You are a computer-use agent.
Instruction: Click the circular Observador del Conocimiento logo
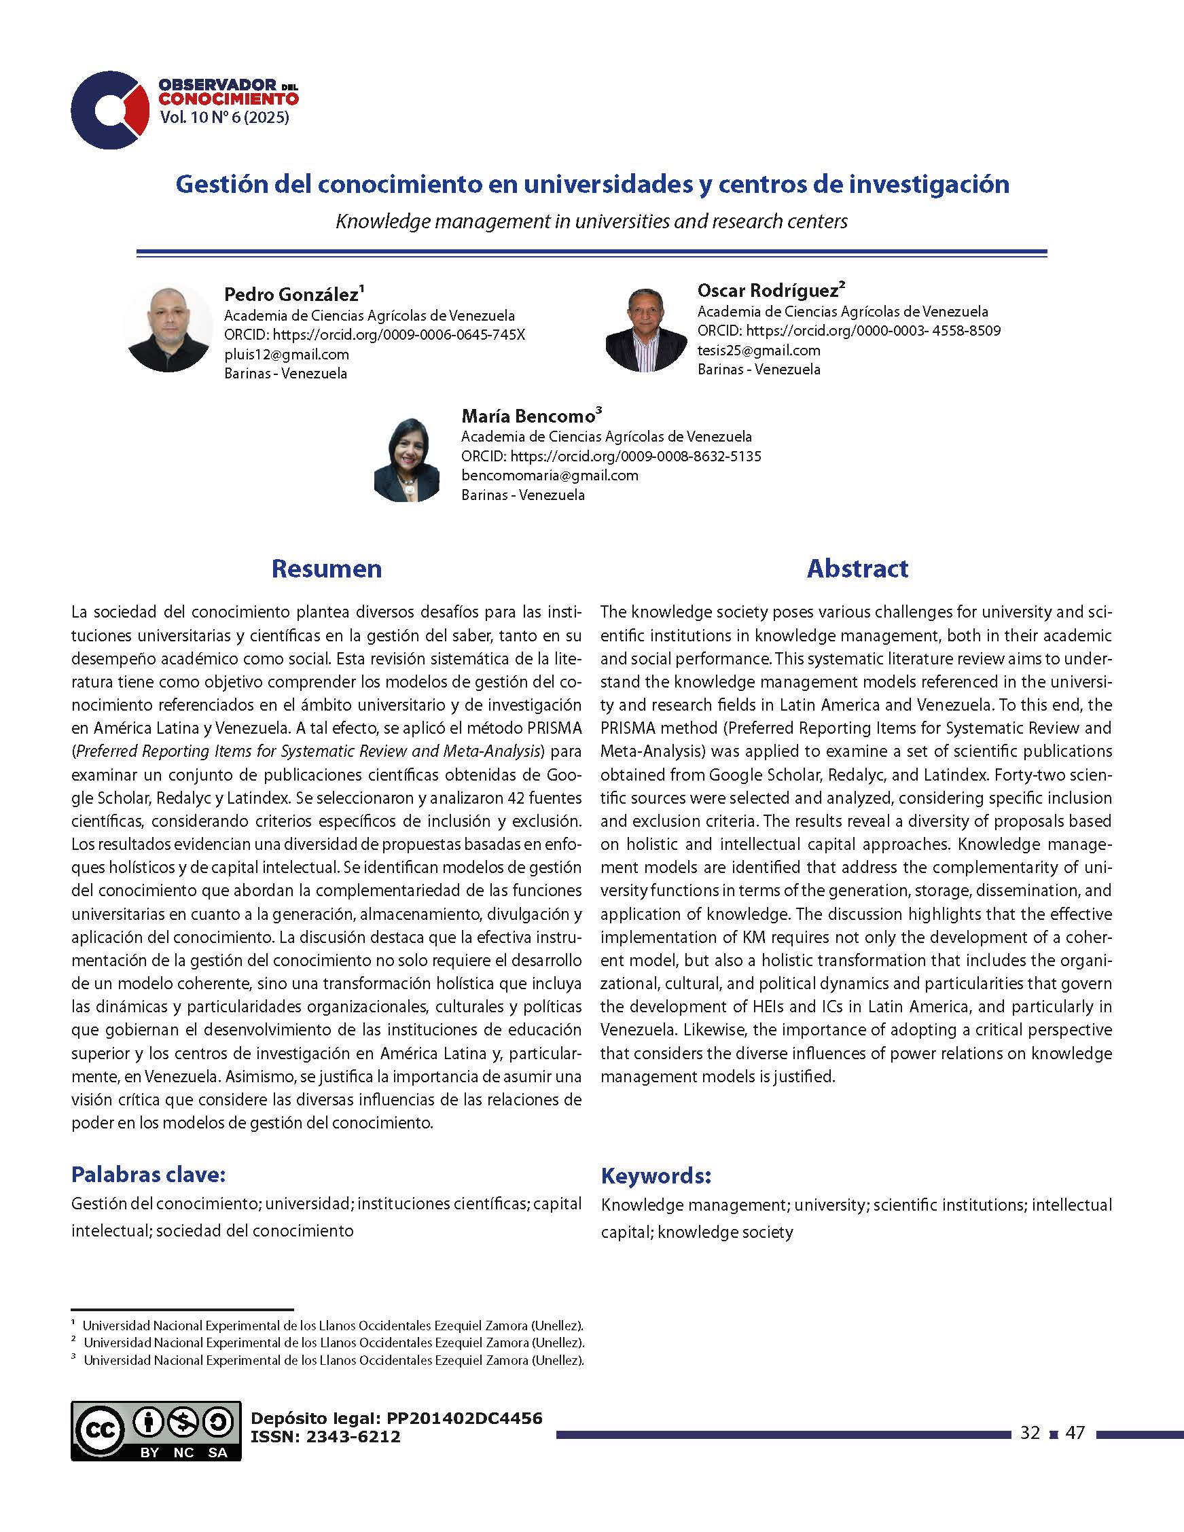tap(109, 110)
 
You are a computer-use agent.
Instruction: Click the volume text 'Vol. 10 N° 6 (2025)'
tap(224, 118)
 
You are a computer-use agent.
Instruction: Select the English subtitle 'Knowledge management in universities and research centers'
tap(591, 221)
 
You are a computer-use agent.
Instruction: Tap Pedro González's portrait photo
tap(168, 327)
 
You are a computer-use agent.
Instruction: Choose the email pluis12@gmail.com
tap(286, 354)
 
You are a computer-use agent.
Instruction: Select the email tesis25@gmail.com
tap(758, 350)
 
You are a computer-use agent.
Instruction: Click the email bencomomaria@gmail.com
tap(550, 475)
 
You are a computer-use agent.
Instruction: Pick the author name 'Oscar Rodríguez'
tap(768, 290)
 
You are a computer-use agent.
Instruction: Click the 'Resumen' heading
tap(326, 568)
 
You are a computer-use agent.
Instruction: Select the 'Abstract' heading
tap(857, 568)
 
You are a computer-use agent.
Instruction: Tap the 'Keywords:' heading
tap(656, 1175)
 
